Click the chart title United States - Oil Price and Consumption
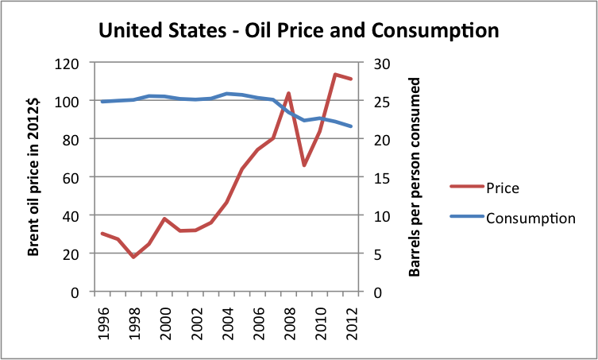tap(298, 31)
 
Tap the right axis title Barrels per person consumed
tap(414, 176)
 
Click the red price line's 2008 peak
tap(288, 93)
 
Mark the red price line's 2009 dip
tap(304, 165)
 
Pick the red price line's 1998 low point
tap(133, 257)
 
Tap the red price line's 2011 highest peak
tap(335, 75)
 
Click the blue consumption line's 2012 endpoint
tap(350, 126)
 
